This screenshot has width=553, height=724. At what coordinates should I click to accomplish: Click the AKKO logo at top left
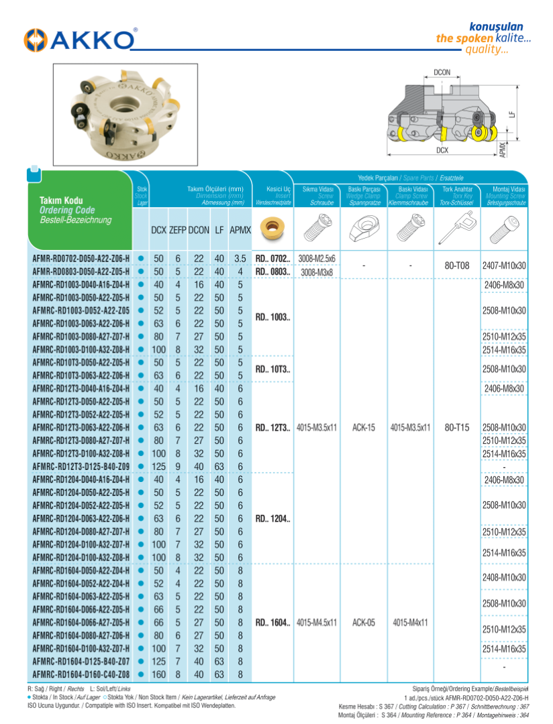[x=79, y=40]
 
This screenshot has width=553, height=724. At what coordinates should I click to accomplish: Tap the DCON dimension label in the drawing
[x=442, y=72]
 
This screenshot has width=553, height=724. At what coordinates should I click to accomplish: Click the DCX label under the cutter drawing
[x=442, y=150]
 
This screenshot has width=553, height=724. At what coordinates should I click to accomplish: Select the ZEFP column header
[x=178, y=230]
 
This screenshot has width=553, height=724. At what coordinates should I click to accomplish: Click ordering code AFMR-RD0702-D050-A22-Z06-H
[x=81, y=259]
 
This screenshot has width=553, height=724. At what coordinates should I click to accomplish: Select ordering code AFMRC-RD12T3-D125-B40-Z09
[x=81, y=466]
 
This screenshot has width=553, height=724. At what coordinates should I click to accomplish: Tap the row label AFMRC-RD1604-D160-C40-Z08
[x=81, y=674]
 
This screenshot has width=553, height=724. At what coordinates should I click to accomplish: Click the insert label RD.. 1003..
[x=272, y=316]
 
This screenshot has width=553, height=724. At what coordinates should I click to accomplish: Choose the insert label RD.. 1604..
[x=272, y=622]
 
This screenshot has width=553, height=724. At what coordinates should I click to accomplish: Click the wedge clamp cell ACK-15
[x=363, y=427]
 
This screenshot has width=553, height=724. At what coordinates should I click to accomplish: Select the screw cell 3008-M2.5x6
[x=317, y=259]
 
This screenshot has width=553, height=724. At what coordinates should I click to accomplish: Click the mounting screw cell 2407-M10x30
[x=504, y=265]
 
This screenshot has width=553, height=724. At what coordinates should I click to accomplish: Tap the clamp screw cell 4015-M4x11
[x=410, y=622]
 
